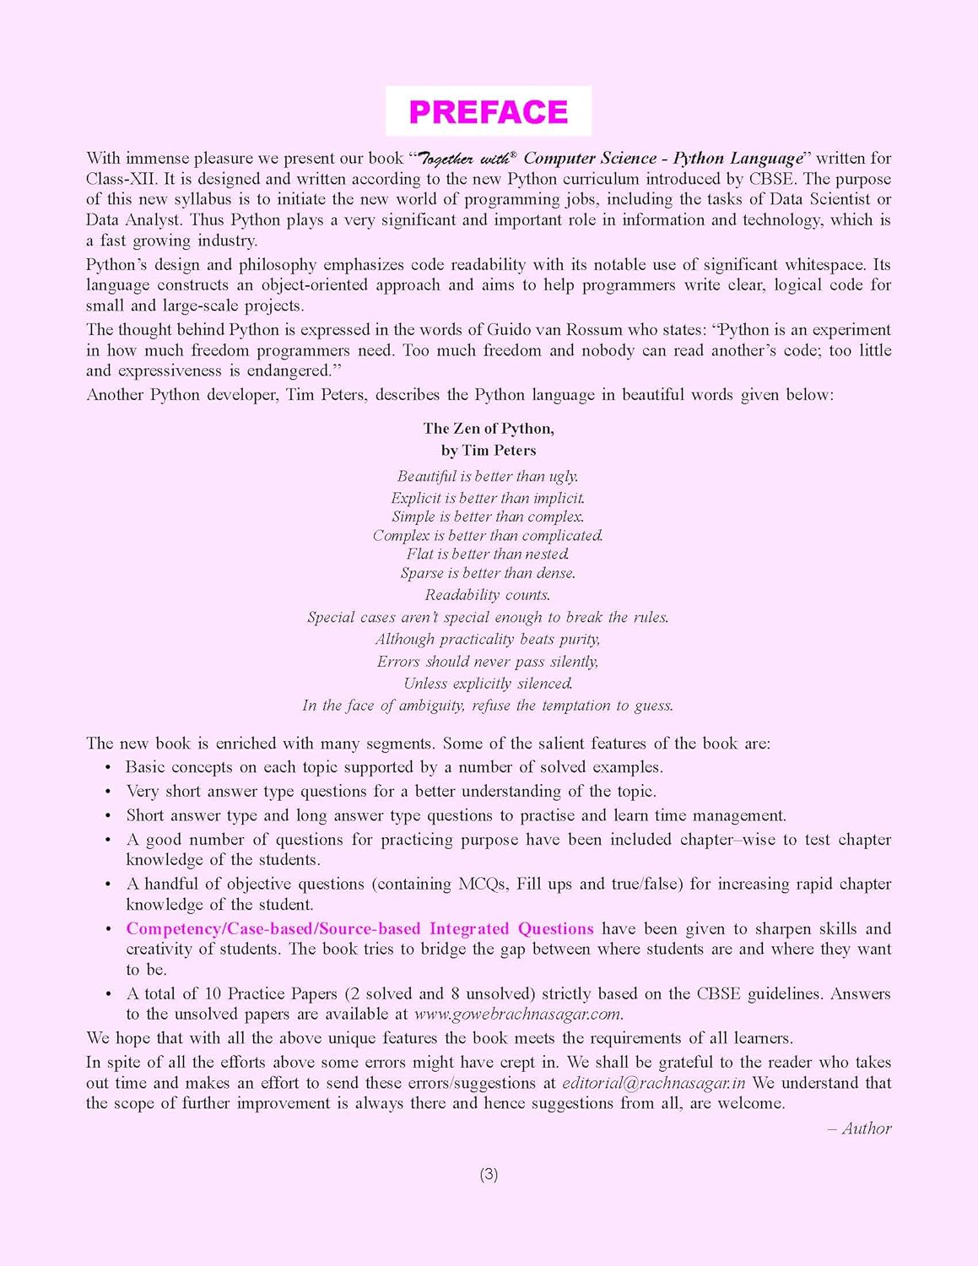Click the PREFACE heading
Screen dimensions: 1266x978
488,111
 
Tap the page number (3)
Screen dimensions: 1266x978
489,1174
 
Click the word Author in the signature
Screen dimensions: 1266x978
866,1128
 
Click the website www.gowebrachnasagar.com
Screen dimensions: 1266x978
518,1014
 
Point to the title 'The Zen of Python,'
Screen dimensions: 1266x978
489,429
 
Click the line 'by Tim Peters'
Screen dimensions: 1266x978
489,451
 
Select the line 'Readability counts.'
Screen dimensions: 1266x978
488,595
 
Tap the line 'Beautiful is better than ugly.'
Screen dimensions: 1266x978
488,476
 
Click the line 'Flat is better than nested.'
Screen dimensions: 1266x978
488,555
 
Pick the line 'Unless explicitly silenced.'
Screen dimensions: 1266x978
488,684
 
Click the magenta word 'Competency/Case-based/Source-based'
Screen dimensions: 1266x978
273,929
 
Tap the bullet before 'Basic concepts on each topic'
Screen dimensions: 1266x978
108,768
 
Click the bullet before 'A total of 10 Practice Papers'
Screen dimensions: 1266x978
108,994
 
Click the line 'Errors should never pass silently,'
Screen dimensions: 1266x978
488,662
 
